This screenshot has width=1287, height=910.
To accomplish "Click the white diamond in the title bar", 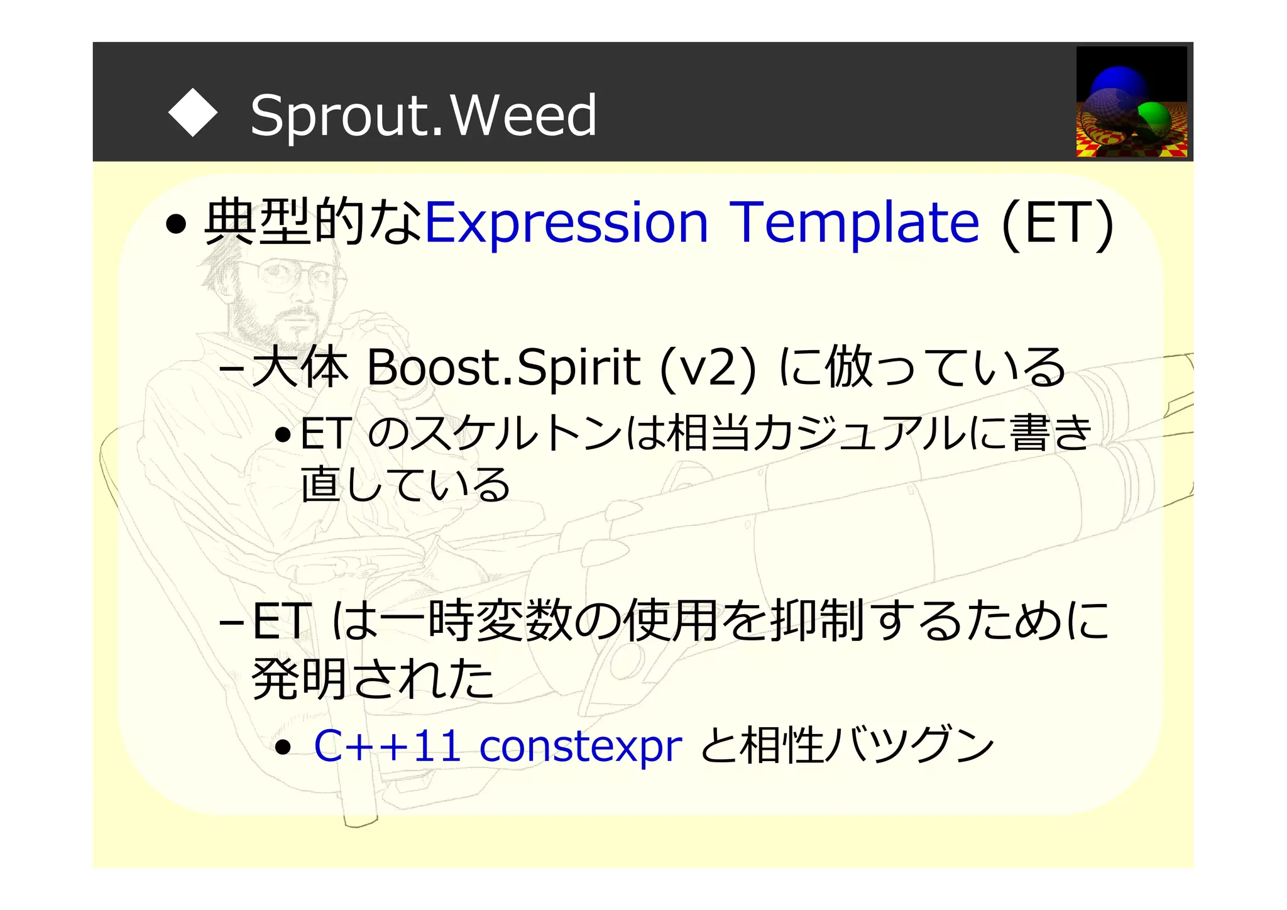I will click(193, 114).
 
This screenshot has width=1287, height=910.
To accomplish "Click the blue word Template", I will click(855, 222).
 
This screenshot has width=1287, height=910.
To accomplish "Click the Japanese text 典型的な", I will click(312, 222).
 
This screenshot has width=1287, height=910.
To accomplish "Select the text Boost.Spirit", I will click(503, 368).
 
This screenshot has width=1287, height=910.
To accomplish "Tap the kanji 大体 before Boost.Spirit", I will click(300, 368).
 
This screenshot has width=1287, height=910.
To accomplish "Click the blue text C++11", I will click(387, 747).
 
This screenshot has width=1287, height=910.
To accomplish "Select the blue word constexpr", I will click(580, 747).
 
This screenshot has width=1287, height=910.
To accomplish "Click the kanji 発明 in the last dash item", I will click(302, 679).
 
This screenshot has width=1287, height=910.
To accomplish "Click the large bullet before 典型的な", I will click(177, 224).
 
